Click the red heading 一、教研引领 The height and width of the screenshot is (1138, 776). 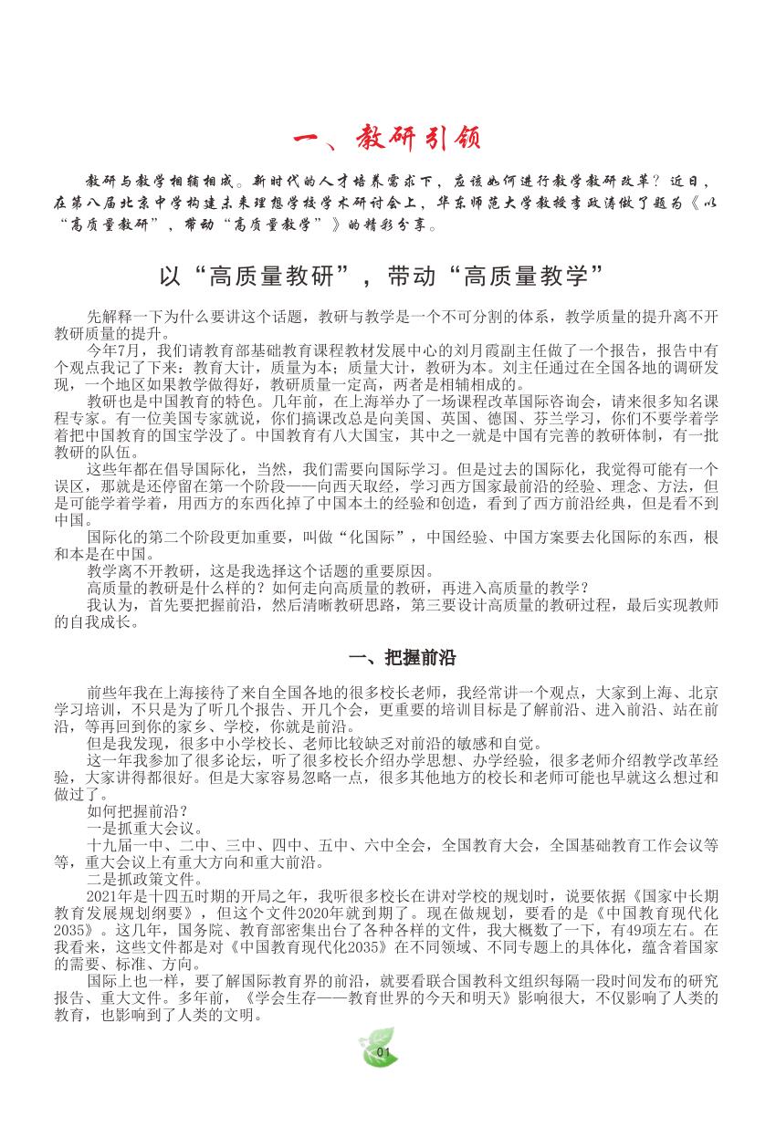(387, 140)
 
